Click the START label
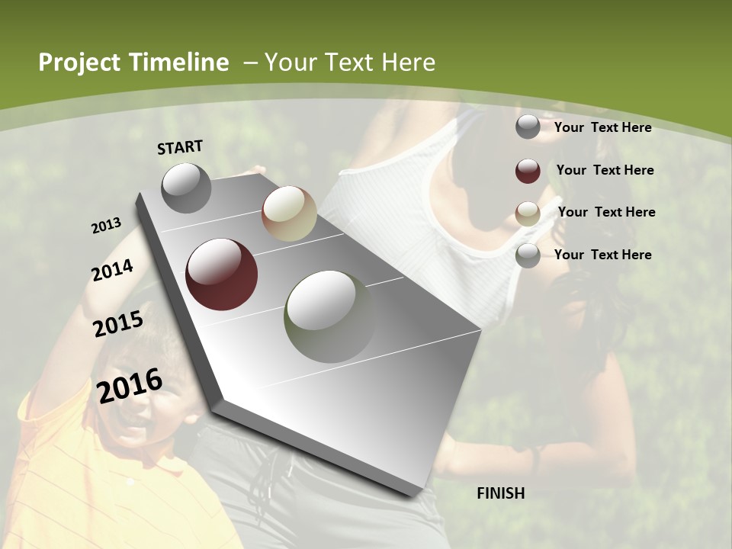coord(180,147)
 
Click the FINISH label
coord(500,493)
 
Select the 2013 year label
coord(107,225)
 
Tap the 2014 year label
coord(113,270)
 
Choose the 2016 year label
coord(130,385)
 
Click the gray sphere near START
coord(186,188)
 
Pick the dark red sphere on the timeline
coord(222,274)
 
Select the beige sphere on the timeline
coord(289,213)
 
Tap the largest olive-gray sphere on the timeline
coord(330,316)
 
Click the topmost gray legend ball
coord(528,127)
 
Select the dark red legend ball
coord(528,171)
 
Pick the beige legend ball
coord(528,213)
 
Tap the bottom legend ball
coord(528,255)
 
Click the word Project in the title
coord(80,63)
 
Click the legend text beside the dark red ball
coord(605,170)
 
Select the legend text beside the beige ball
coord(606,212)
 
